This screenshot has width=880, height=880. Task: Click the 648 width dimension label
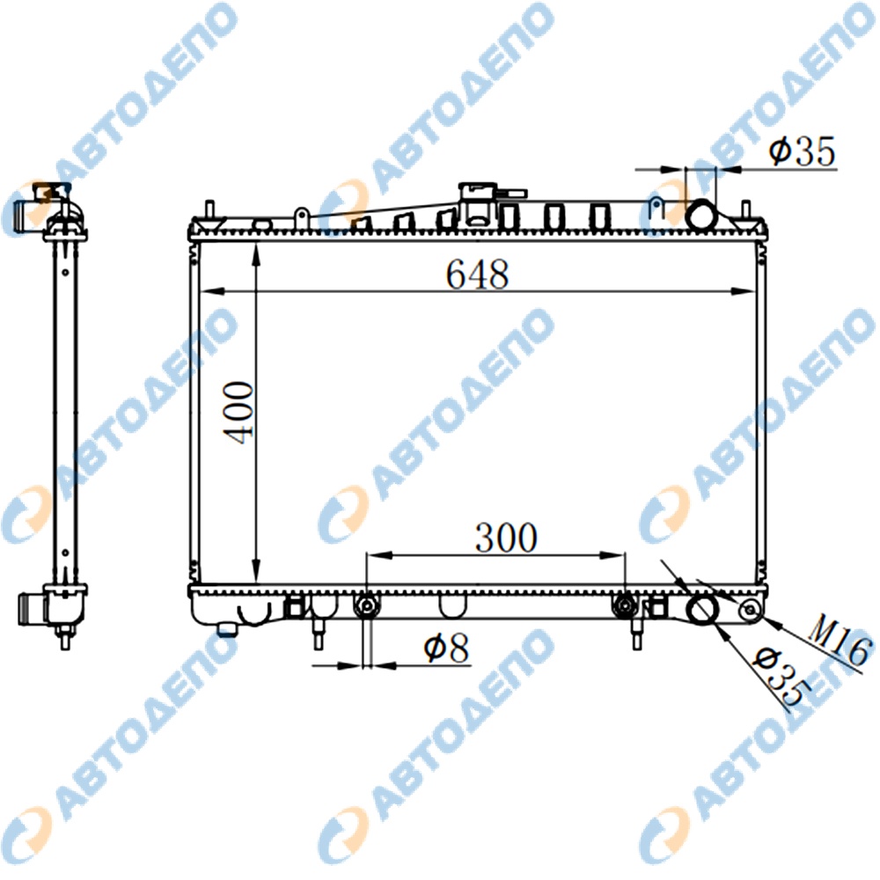[x=478, y=275]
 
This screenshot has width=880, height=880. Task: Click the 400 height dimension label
[x=238, y=414]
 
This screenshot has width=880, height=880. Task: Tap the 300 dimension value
[x=506, y=537]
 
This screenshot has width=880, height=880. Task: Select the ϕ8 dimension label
[x=447, y=649]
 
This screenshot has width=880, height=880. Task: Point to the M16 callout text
[x=841, y=642]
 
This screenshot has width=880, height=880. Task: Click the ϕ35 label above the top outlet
[x=803, y=151]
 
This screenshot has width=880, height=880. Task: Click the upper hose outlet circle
[x=701, y=215]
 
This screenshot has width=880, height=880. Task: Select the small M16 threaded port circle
[x=752, y=612]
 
